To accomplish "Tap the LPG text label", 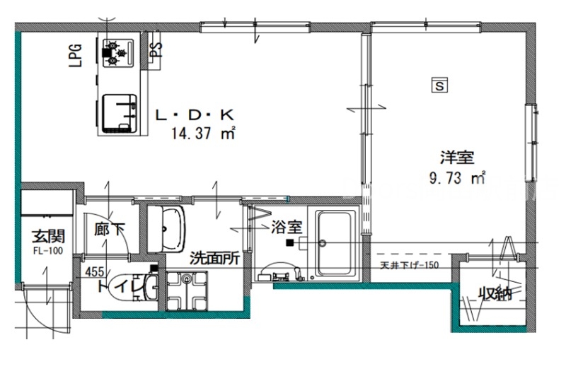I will [x=75, y=54].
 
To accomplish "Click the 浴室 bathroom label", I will [x=287, y=227].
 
